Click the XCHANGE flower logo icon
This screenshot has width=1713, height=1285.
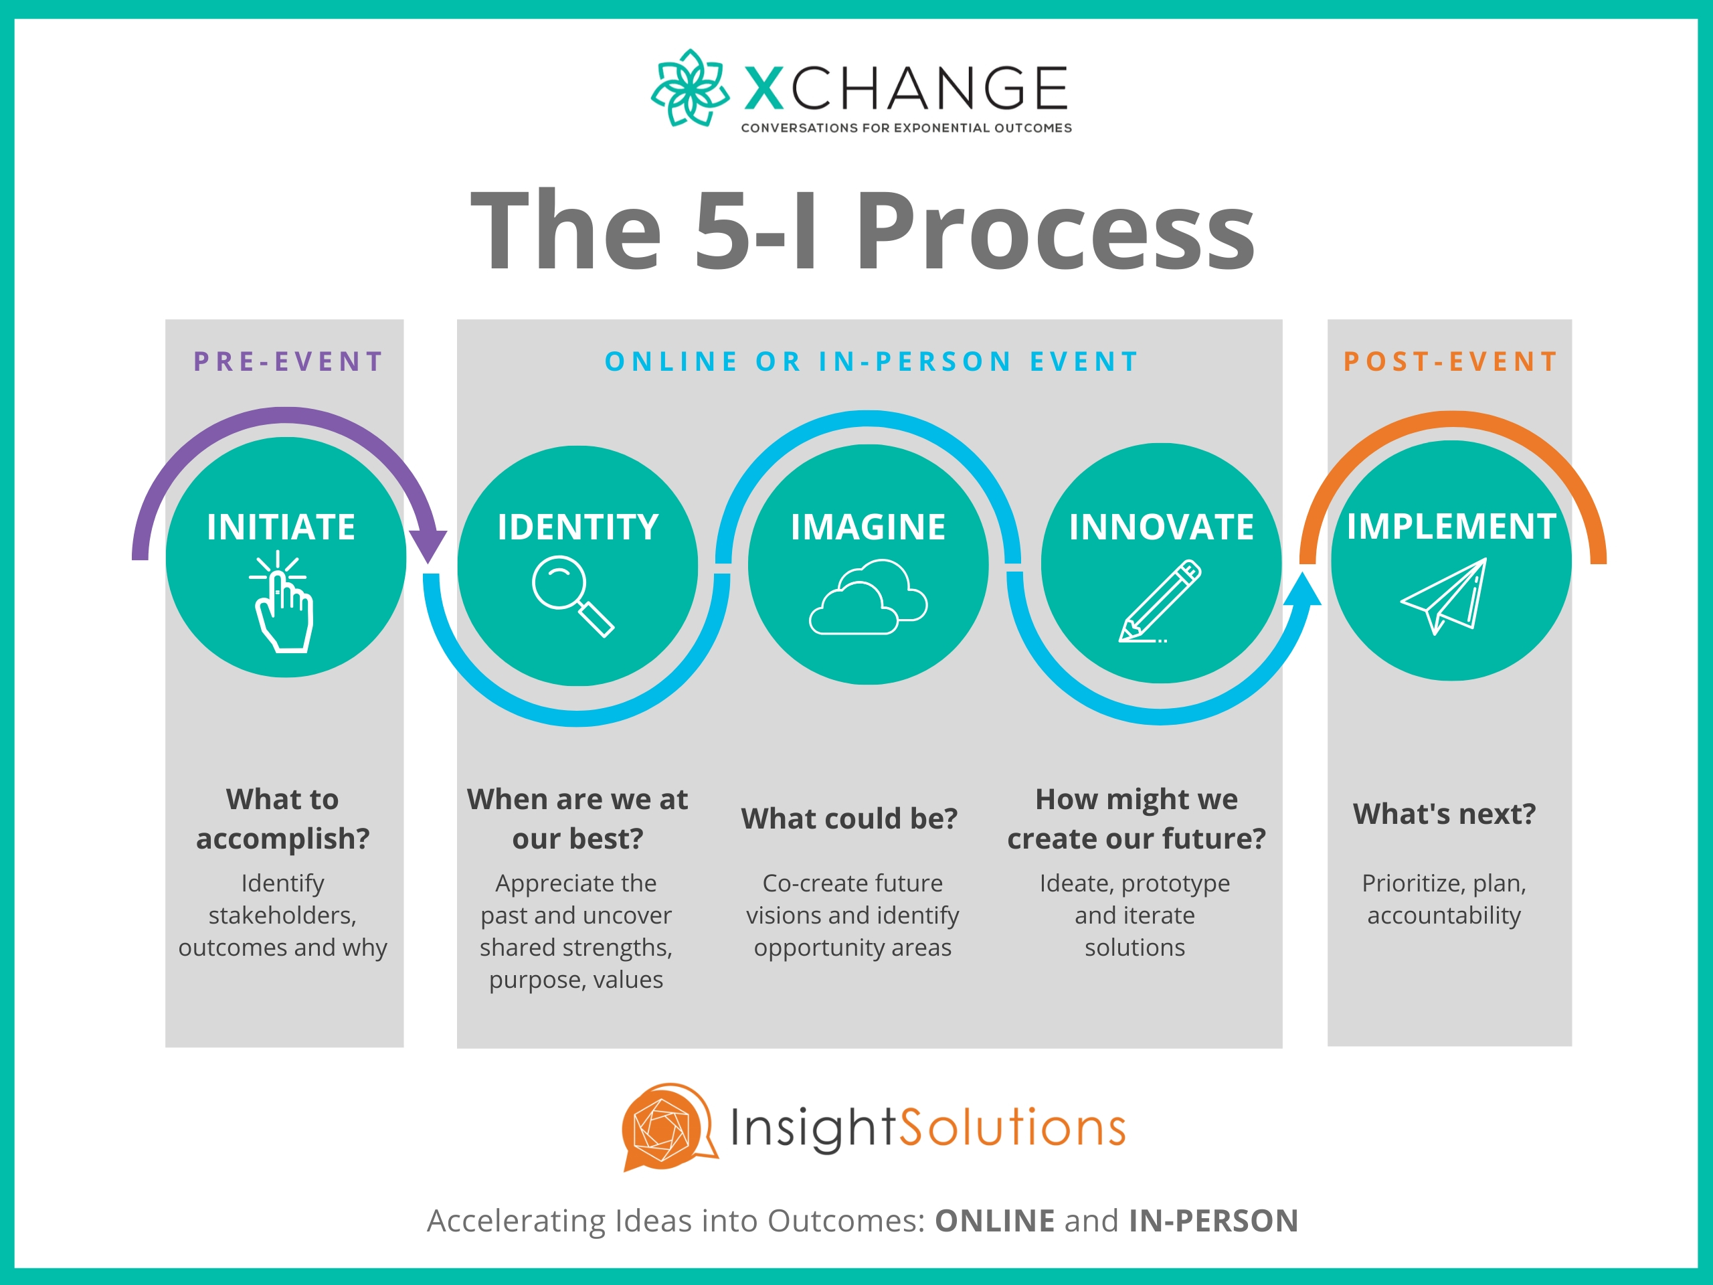[689, 88]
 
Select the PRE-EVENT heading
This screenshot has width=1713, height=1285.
[288, 361]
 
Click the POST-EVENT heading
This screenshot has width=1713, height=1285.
[1451, 361]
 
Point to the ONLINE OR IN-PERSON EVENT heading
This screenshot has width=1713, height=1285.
[871, 361]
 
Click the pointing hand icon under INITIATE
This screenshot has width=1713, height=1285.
[282, 604]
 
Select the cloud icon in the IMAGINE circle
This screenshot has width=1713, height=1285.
[868, 599]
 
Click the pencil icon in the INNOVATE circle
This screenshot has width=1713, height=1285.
[1160, 602]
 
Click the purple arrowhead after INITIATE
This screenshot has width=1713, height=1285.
[428, 545]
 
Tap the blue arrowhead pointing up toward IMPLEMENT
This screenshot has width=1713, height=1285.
[1303, 590]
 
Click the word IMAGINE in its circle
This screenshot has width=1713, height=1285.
[868, 527]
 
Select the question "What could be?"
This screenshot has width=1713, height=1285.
[850, 819]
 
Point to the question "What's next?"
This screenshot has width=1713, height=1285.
[1444, 814]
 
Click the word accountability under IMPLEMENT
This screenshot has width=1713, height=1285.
[1444, 916]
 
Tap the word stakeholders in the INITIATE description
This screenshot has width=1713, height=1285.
[282, 916]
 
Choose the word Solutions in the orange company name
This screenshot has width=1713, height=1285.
[1013, 1128]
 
